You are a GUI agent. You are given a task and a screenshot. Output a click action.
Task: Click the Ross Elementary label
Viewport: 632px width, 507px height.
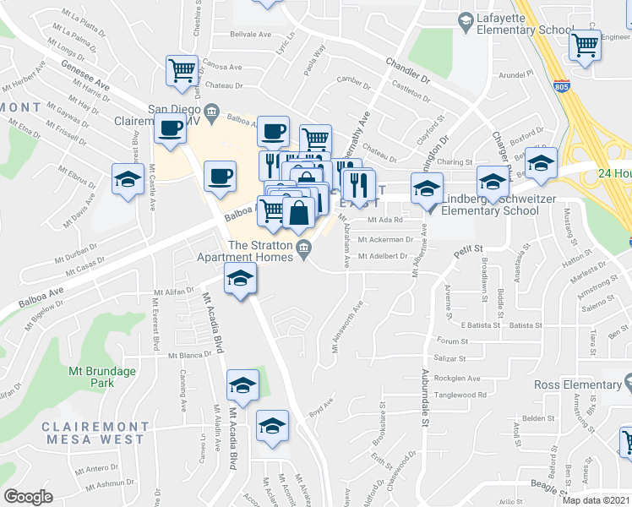click(x=578, y=385)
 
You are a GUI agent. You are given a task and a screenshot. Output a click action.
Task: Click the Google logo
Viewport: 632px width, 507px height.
click(x=28, y=497)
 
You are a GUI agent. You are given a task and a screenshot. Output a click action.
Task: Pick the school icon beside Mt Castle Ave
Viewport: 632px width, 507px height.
click(x=127, y=179)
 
